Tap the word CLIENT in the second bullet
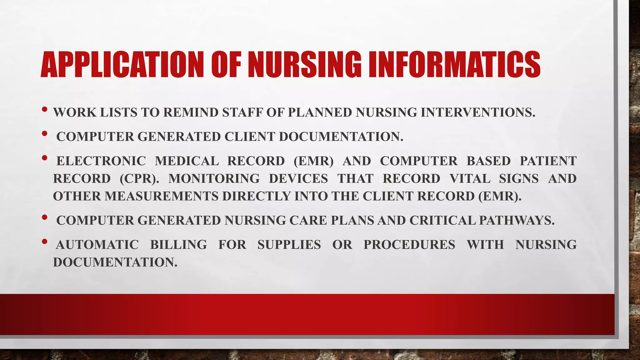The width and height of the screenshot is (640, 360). click(x=250, y=137)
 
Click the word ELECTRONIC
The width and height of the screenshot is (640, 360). click(x=101, y=161)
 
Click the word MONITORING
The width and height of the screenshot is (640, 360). click(x=214, y=179)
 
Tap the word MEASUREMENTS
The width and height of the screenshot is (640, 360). click(x=161, y=196)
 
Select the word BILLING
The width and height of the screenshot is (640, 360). click(x=178, y=245)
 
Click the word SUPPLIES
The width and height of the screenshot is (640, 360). click(x=289, y=245)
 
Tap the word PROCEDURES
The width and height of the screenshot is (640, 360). click(x=409, y=245)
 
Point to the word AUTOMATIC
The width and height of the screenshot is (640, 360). click(x=97, y=245)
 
